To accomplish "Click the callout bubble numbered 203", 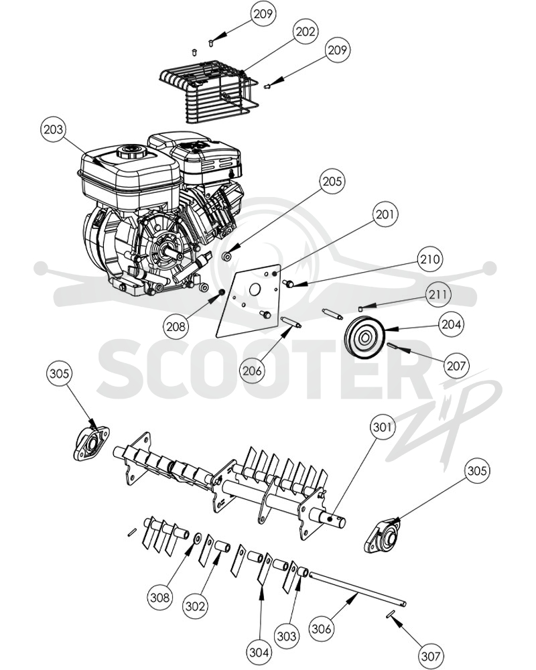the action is (54, 129).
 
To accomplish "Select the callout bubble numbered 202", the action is (306, 31).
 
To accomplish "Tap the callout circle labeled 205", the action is (332, 181).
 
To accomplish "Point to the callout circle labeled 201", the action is (385, 214).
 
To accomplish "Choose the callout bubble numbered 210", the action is (430, 259).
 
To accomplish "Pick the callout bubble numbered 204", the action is (452, 324).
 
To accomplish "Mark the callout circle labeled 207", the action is (456, 365).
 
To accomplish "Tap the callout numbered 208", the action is (176, 326).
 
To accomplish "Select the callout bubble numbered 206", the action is (252, 371).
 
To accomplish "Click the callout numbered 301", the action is (383, 426).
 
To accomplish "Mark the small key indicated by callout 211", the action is (360, 308).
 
